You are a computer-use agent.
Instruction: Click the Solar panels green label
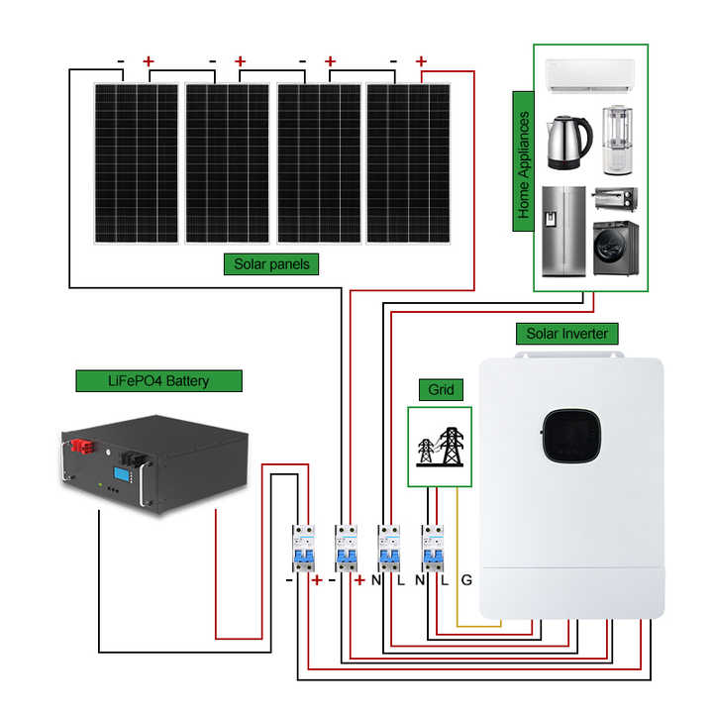pos(271,263)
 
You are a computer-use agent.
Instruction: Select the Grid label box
pos(441,390)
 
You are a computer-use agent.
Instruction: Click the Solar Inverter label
pos(567,334)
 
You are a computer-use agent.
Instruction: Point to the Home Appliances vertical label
pos(524,164)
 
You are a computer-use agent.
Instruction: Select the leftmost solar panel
pos(137,163)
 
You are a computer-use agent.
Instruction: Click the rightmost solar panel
pos(408,163)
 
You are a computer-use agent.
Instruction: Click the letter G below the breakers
pos(466,580)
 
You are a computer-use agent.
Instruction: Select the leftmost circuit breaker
pos(302,549)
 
